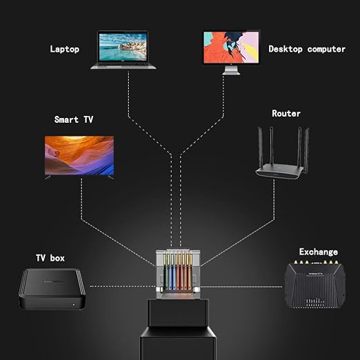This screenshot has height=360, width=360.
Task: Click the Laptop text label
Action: coord(65,49)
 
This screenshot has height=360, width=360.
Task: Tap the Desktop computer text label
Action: coord(307,49)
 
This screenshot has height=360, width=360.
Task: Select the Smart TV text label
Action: coord(74,119)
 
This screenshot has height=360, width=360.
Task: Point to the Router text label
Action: coord(286,113)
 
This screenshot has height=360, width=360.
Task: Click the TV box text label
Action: coord(50,258)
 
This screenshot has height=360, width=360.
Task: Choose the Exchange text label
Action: coord(319,252)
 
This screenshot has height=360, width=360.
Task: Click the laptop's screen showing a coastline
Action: coord(123,47)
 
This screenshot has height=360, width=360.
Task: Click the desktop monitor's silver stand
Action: coord(231,70)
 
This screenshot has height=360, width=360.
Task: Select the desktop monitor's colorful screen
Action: coord(231,47)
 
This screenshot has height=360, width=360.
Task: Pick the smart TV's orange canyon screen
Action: coord(79,155)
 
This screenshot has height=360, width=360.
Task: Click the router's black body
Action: coord(279,172)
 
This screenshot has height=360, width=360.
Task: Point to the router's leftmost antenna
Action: coord(261,147)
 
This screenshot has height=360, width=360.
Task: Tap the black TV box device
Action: coord(52,289)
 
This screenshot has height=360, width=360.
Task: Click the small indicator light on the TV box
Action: coord(74,305)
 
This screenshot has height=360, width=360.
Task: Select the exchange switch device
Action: coord(315,284)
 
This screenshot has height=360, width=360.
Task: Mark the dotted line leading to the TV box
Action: coord(123,286)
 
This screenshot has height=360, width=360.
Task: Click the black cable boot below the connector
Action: coord(178,329)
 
